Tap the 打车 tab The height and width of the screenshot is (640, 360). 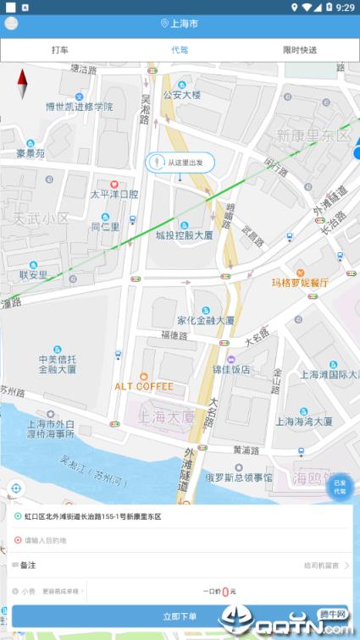pyautogui.click(x=60, y=50)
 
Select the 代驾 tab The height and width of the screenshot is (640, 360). pyautogui.click(x=180, y=50)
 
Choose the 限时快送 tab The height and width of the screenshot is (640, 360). pyautogui.click(x=300, y=50)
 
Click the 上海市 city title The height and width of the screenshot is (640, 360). pyautogui.click(x=180, y=24)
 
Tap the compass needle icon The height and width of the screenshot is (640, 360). pyautogui.click(x=23, y=85)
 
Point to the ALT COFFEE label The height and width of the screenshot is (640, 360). pyautogui.click(x=144, y=386)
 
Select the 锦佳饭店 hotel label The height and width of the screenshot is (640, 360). pyautogui.click(x=231, y=369)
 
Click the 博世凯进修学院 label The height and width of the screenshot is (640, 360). pyautogui.click(x=79, y=107)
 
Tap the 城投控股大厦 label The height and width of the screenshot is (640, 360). pyautogui.click(x=184, y=235)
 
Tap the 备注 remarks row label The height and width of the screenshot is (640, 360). pyautogui.click(x=29, y=565)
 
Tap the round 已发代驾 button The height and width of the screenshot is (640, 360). pyautogui.click(x=340, y=488)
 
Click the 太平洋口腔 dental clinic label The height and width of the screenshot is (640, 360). pyautogui.click(x=114, y=194)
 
